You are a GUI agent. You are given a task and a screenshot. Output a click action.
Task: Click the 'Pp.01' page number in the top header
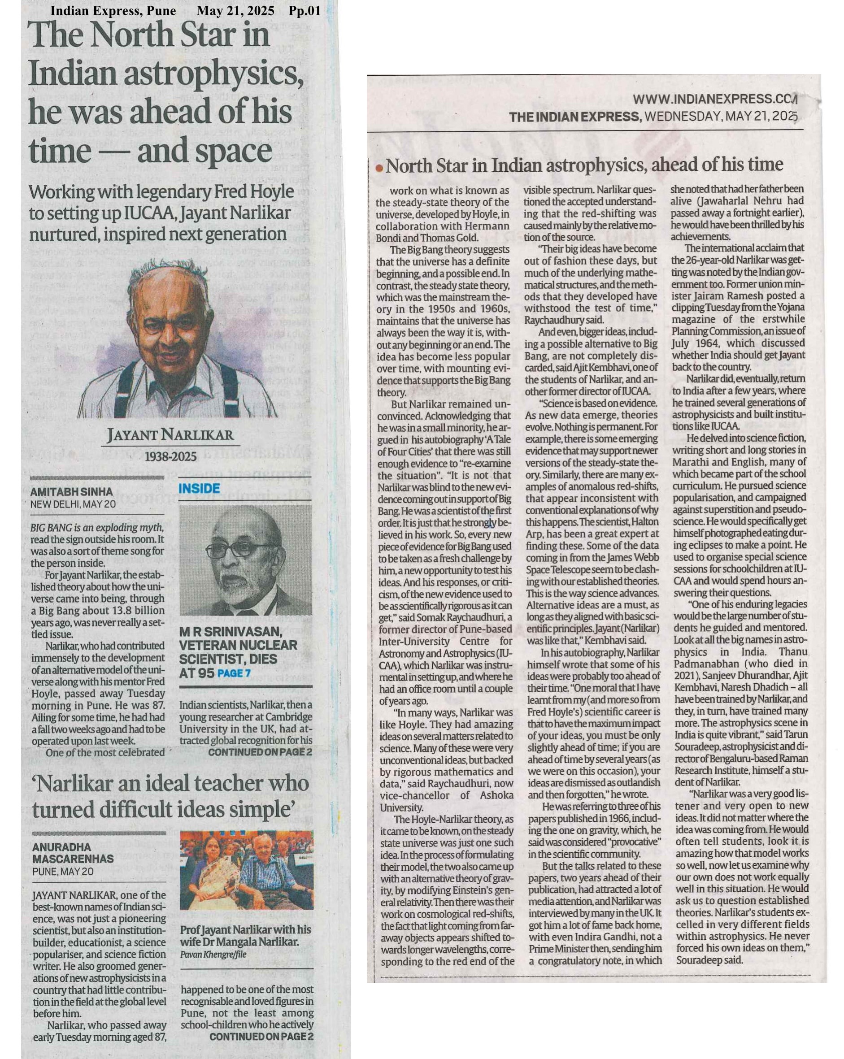coord(305,10)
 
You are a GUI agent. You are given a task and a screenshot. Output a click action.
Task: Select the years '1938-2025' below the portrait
coord(170,457)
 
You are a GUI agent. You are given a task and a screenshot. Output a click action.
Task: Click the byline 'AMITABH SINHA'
coord(72,492)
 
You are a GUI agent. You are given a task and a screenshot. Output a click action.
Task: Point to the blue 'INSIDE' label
coord(199,488)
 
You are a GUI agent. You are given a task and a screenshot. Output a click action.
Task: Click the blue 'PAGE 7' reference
coord(234,673)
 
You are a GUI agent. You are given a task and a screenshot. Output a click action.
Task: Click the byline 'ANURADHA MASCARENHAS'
coord(73,853)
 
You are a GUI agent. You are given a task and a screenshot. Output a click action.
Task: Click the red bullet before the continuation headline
coord(379,168)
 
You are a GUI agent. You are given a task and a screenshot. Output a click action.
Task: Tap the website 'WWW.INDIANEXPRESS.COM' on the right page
coord(714,99)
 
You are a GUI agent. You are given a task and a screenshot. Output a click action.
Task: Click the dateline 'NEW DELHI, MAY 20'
coord(73,504)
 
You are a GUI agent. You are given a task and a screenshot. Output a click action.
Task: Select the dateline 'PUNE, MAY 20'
coord(62,872)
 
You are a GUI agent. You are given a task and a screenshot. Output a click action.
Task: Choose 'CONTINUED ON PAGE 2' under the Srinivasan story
coord(260,752)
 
